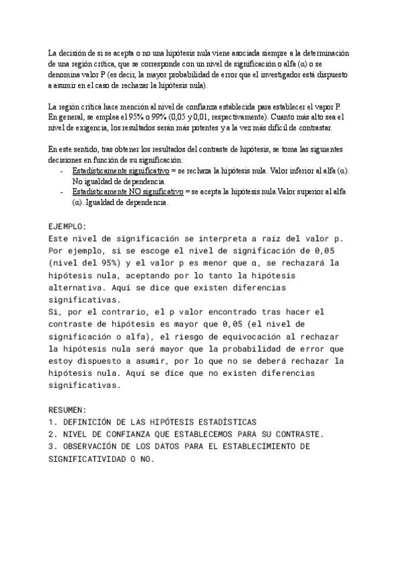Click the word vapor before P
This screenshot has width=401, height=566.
point(322,107)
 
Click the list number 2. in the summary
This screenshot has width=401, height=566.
point(53,434)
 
